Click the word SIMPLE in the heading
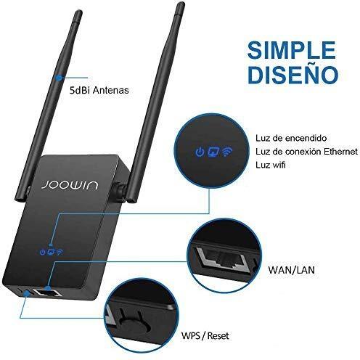[x=292, y=50]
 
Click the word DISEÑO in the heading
[x=292, y=75]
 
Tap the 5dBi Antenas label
[x=99, y=90]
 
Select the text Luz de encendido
[x=291, y=138]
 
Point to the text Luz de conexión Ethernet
[x=306, y=152]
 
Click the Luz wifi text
[x=271, y=165]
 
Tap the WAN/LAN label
[x=291, y=270]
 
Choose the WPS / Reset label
[x=205, y=335]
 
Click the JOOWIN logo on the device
[x=70, y=185]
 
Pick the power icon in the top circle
[x=200, y=152]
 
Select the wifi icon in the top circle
[x=227, y=152]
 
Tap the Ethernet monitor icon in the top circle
[x=213, y=152]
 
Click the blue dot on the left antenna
[x=59, y=78]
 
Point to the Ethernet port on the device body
[x=46, y=292]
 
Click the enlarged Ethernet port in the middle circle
[x=222, y=259]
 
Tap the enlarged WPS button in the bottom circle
[x=134, y=325]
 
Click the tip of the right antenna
[x=181, y=4]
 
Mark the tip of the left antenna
[x=78, y=12]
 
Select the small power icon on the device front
[x=43, y=252]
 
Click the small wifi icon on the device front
[x=60, y=252]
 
